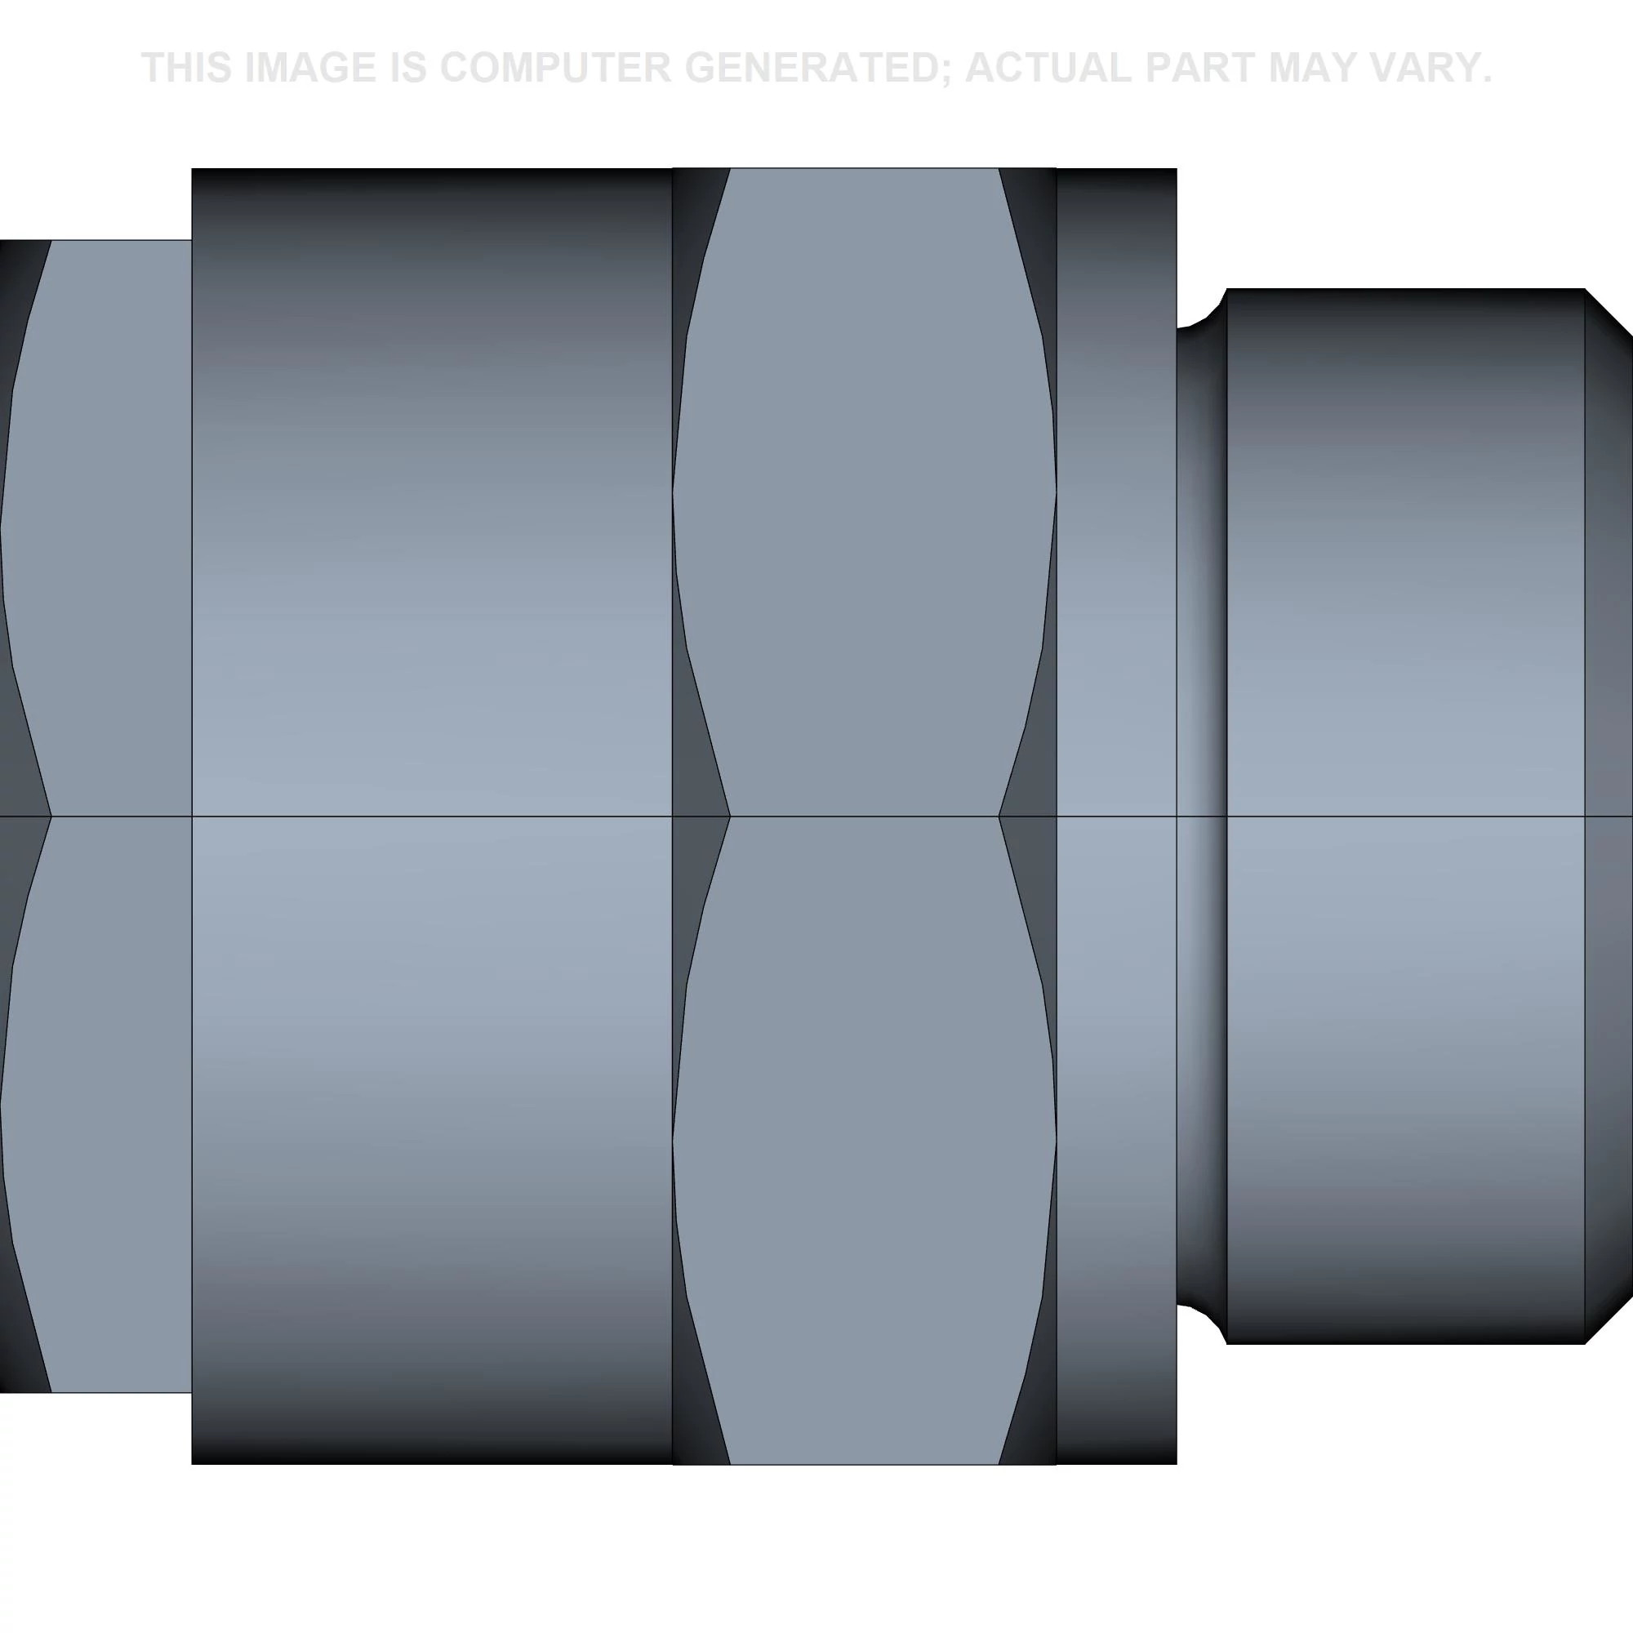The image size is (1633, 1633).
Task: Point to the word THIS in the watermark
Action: [x=187, y=68]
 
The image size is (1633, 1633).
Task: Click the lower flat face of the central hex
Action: [x=864, y=1141]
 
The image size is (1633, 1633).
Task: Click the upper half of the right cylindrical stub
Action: [x=1403, y=550]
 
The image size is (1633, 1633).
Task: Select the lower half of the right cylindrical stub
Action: [x=1403, y=1082]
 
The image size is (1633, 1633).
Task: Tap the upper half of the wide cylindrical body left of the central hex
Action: [x=431, y=490]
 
